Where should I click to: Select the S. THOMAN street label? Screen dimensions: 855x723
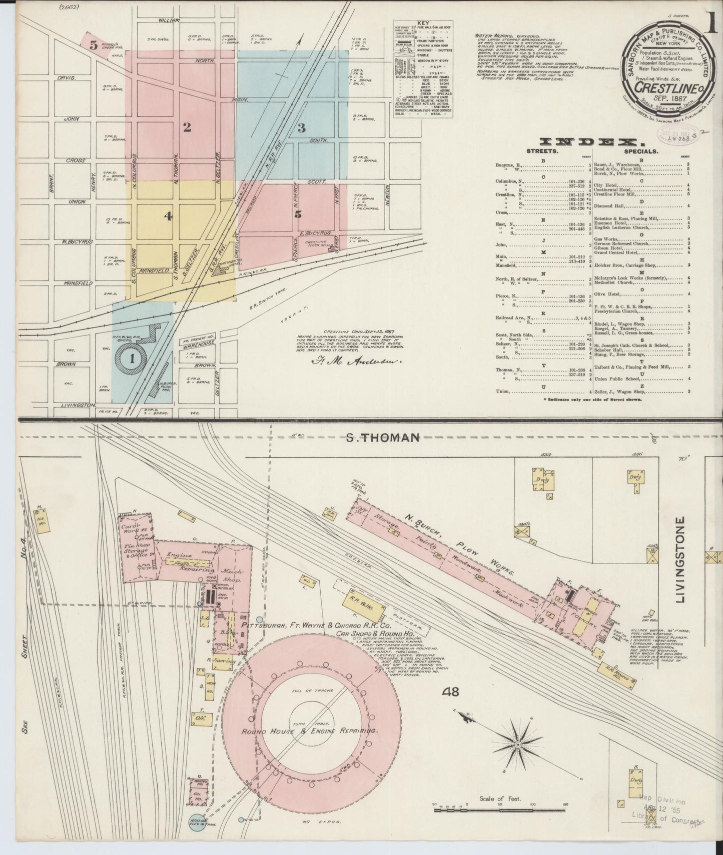point(382,437)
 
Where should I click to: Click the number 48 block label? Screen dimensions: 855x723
point(450,692)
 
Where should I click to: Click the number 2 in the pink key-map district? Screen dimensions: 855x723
point(187,127)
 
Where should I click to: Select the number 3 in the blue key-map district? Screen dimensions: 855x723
point(301,128)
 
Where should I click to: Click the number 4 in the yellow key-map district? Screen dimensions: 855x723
point(168,216)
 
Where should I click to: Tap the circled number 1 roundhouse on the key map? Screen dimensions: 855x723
point(132,358)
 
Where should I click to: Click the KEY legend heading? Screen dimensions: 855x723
point(424,24)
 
